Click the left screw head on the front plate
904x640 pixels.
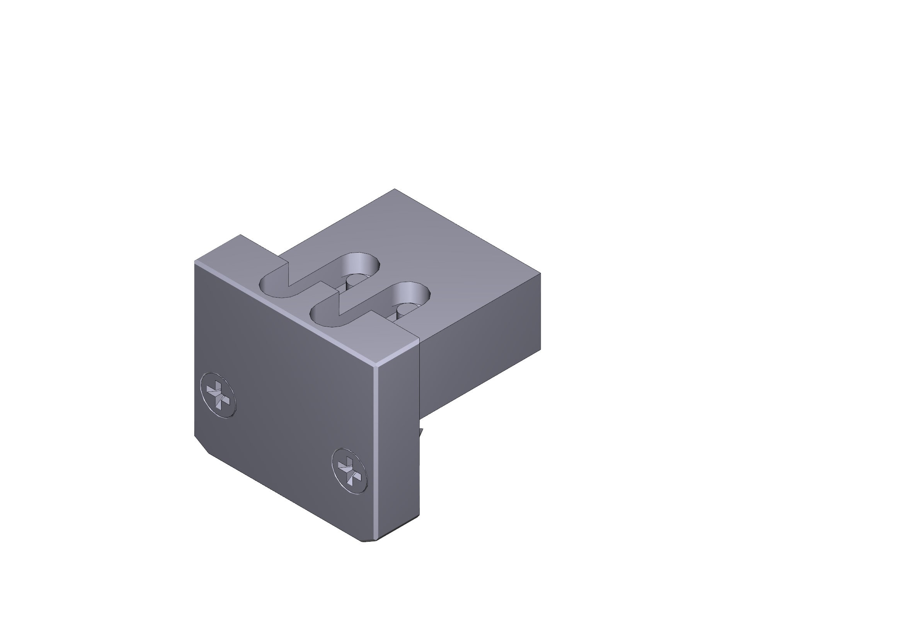[218, 395]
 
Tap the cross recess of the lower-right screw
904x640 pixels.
[349, 471]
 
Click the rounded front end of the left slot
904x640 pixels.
[272, 286]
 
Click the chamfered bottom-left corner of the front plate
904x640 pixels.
[201, 445]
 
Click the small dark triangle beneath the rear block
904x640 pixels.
[421, 432]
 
